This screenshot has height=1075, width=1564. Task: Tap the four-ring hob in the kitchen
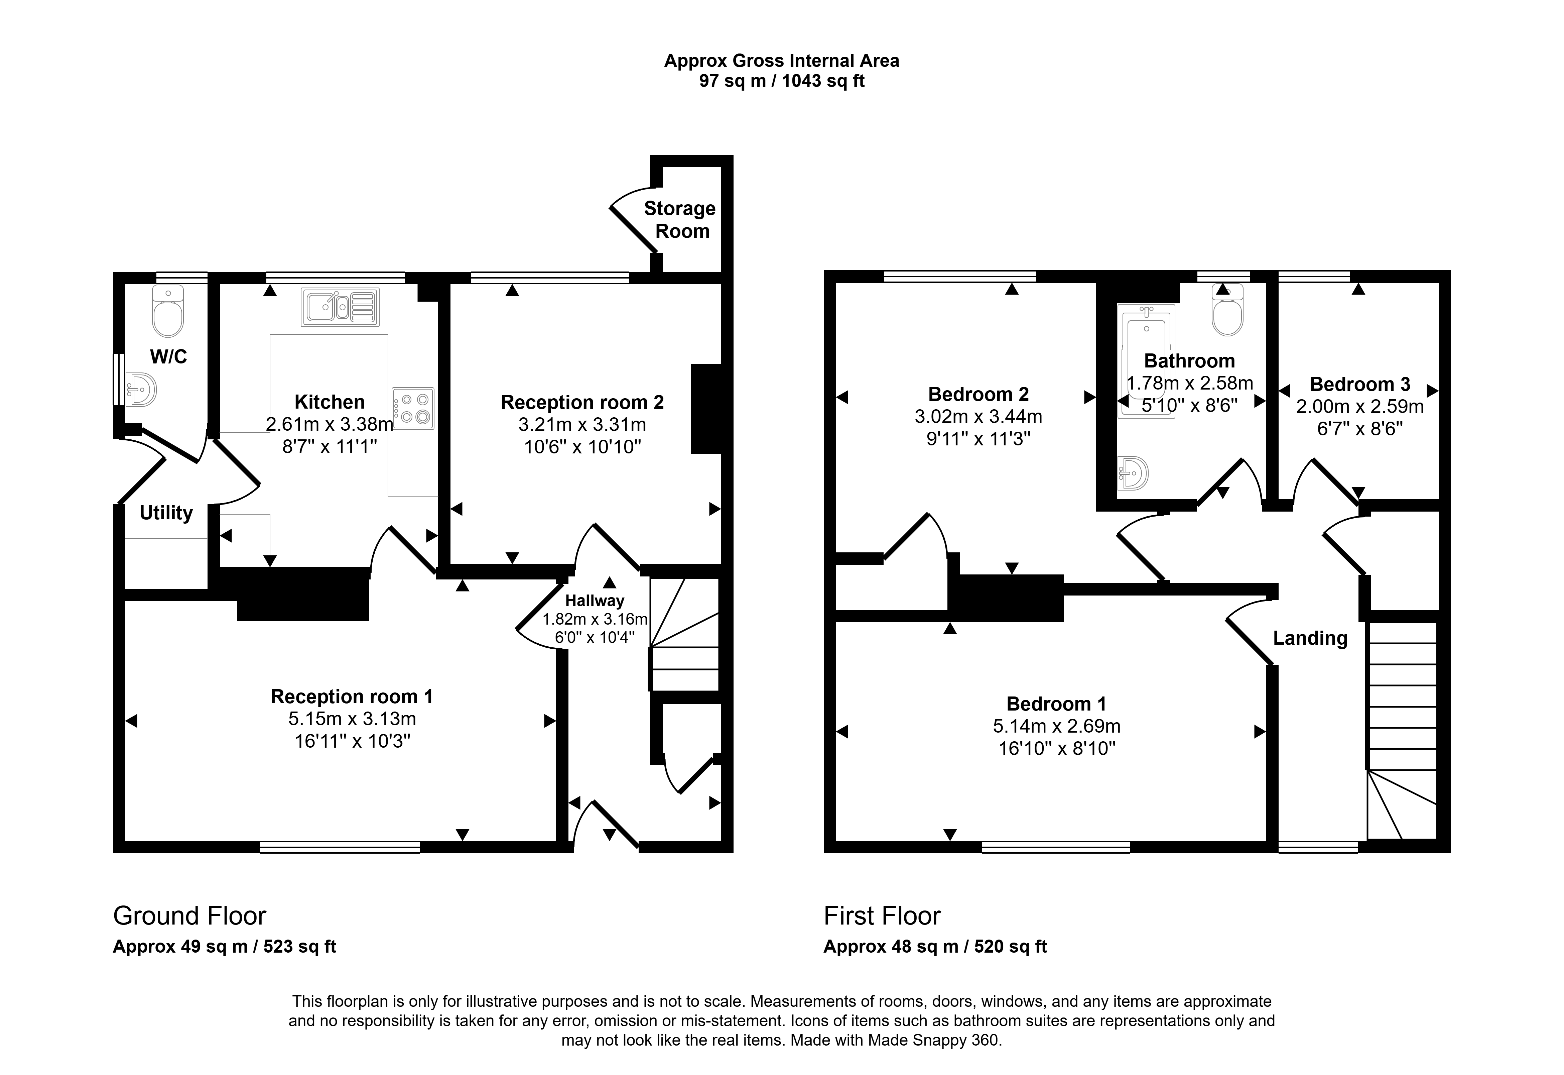[x=413, y=408]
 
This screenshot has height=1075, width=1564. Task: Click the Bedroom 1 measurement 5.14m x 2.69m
[x=1056, y=726]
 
